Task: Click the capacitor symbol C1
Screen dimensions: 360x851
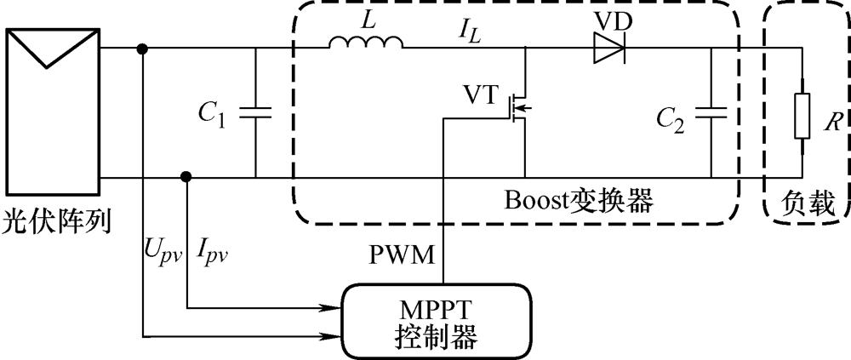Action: pos(255,113)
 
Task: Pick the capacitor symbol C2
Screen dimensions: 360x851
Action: pos(711,113)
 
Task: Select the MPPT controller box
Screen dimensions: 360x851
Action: pos(437,321)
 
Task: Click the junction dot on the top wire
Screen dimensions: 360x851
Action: pos(143,49)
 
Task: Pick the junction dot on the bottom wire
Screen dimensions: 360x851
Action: pos(186,177)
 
